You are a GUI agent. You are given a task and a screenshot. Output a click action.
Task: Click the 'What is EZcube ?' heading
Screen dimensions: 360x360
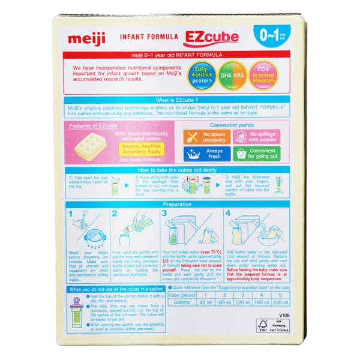pyautogui.click(x=179, y=100)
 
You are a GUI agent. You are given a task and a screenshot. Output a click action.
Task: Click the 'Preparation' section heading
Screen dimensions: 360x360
pyautogui.click(x=179, y=204)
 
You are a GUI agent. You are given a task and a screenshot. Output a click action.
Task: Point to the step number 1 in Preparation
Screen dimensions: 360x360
pyautogui.click(x=71, y=214)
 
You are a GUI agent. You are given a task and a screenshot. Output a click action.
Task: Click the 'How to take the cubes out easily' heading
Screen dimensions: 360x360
pyautogui.click(x=179, y=170)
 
